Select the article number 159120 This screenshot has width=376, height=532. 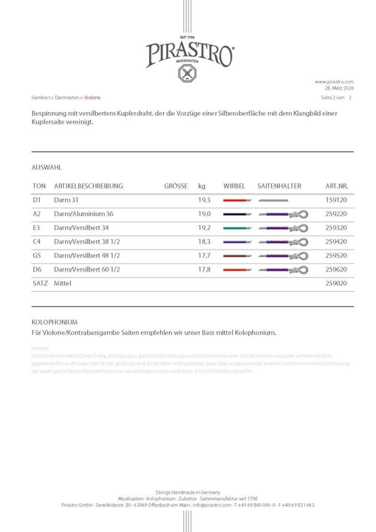coord(336,200)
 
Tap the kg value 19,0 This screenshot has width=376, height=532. coord(204,214)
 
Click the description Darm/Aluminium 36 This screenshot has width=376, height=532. coord(84,214)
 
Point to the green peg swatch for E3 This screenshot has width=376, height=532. coord(237,228)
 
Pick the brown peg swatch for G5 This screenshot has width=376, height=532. coord(237,256)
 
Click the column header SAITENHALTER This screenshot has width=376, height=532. coord(279,186)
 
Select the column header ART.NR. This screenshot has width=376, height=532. coord(336,186)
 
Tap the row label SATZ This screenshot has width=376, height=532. coord(39,284)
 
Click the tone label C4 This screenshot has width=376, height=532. coord(36,242)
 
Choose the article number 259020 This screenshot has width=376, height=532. coord(336,284)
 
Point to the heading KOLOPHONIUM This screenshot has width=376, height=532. coord(55,322)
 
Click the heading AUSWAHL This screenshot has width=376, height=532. coord(47,168)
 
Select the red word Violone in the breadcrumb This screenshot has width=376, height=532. coord(92,98)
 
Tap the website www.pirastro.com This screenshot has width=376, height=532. coord(334,82)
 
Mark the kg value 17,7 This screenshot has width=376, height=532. coord(204,256)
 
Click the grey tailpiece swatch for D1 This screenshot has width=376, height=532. coord(273,200)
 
